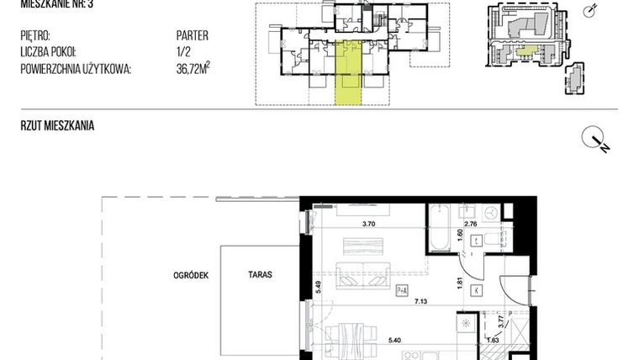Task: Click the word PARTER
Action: coord(193,36)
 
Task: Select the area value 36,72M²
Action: coord(193,70)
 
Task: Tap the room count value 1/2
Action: coord(182,53)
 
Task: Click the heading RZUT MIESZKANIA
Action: coord(57,126)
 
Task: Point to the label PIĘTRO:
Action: coord(34,36)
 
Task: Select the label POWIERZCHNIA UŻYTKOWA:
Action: coord(76,70)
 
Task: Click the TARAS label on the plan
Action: coord(259,274)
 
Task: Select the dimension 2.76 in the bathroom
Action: coord(472,225)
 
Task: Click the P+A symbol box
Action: coord(402,291)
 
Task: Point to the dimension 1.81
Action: coord(459,283)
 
